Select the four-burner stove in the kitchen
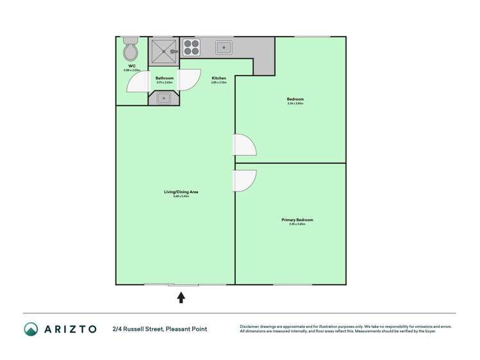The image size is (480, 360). [x=192, y=48]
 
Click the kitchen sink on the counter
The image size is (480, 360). [x=223, y=47]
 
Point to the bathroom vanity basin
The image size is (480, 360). [x=163, y=98]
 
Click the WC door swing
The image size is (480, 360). [x=137, y=81]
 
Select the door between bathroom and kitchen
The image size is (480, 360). [x=188, y=79]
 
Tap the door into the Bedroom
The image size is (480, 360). [x=244, y=145]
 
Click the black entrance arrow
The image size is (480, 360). [x=181, y=297]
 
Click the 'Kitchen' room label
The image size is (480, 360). [x=219, y=78]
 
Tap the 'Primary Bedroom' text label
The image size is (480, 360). [x=297, y=220]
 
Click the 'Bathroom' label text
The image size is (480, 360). [x=165, y=78]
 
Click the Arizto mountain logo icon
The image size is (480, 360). [x=31, y=329]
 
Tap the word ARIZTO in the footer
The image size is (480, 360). [x=70, y=329]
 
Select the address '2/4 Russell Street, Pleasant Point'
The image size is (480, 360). [x=160, y=329]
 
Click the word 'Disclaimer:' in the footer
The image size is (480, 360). [x=251, y=326]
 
